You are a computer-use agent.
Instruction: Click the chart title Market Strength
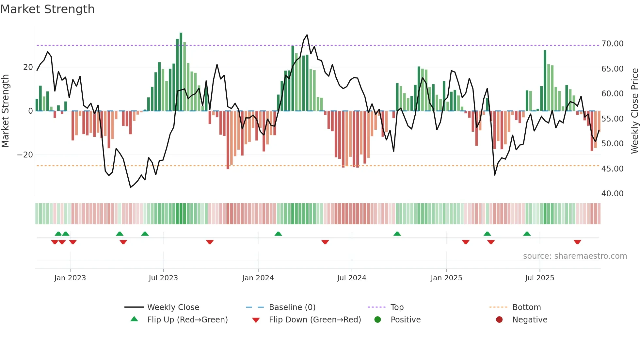click(x=47, y=9)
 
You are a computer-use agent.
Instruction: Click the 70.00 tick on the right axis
click(x=612, y=44)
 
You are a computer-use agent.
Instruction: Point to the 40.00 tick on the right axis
click(x=612, y=194)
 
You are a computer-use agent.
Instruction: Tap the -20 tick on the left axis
click(x=25, y=155)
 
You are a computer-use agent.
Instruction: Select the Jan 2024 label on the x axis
click(x=258, y=278)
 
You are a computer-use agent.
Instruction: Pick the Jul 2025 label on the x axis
click(x=539, y=278)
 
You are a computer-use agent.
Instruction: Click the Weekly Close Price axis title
click(x=634, y=111)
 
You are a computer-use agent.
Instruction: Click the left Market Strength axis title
click(x=5, y=111)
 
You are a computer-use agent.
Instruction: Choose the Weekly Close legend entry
click(x=173, y=307)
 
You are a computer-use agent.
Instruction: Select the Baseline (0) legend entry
click(x=292, y=307)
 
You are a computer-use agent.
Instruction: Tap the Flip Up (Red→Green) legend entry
click(x=187, y=320)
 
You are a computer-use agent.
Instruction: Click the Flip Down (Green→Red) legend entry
click(x=315, y=320)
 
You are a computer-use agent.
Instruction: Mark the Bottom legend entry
click(x=526, y=307)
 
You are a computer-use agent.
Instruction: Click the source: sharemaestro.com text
click(x=575, y=256)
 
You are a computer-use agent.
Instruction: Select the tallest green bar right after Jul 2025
click(x=545, y=80)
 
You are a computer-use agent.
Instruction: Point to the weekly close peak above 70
click(x=307, y=35)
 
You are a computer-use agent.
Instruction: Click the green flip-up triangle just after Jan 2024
click(x=278, y=234)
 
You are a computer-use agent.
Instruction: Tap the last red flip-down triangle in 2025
click(x=577, y=242)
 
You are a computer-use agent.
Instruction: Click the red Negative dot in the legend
click(x=499, y=320)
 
